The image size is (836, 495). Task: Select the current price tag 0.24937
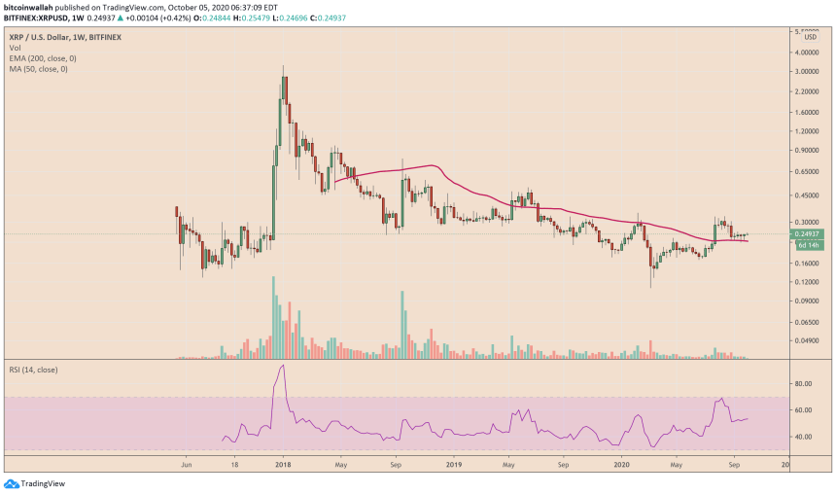[809, 234]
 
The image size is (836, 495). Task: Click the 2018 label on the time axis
[282, 465]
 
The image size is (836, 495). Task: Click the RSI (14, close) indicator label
[38, 371]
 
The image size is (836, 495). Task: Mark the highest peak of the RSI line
[282, 366]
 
